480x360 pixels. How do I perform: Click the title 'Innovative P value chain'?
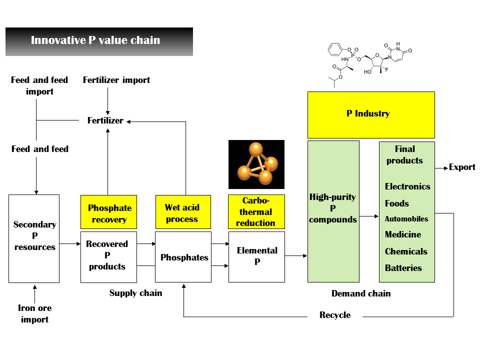pos(95,40)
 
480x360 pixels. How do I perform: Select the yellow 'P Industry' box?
pos(370,114)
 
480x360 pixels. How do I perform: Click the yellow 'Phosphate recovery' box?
pos(108,213)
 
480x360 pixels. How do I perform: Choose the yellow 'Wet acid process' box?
pos(181,213)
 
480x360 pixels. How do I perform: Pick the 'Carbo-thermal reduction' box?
pos(256,211)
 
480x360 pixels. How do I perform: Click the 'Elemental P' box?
pos(256,256)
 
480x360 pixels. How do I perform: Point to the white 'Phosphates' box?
pos(183,257)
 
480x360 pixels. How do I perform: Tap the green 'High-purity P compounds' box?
pos(333,210)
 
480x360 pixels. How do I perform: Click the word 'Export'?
pos(462,167)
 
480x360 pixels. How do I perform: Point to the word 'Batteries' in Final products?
pos(403,268)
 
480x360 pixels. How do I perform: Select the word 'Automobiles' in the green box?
pos(406,219)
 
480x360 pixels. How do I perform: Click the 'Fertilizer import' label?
pos(116,80)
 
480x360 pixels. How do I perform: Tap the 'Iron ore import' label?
pos(34,313)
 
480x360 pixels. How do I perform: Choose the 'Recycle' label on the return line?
pos(335,315)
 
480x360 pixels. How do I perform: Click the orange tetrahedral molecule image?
pos(256,164)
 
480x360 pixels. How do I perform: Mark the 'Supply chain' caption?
pos(135,293)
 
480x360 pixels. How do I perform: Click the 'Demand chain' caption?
pos(360,293)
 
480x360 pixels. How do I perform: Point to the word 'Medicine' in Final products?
pos(402,234)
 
